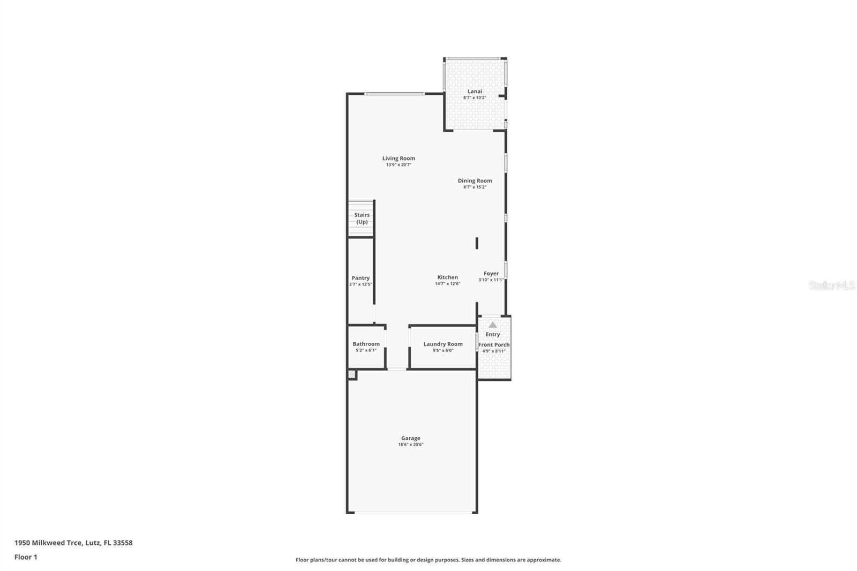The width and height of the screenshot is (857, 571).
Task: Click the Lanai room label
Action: coord(475,91)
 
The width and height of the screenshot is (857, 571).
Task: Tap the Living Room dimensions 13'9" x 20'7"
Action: coord(399,164)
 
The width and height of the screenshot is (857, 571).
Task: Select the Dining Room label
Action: coord(475,181)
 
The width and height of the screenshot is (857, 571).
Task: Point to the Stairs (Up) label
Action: coord(362,218)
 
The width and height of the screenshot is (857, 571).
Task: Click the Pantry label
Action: coord(360,278)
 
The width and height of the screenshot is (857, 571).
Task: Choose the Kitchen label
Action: coord(447,277)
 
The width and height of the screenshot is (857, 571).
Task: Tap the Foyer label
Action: coord(491,273)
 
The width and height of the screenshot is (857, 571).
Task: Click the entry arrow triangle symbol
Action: coord(493,325)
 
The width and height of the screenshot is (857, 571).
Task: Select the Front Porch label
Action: coord(494,344)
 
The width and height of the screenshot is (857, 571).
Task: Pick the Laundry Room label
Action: coord(443,344)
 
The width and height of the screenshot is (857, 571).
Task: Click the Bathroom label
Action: coord(366,344)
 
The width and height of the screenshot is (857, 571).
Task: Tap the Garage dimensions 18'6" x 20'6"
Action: coord(411,445)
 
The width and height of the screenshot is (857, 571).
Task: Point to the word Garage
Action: coord(411,438)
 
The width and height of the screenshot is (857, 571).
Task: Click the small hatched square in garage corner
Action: coord(351,374)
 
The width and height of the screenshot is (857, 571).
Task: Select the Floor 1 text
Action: coord(26,557)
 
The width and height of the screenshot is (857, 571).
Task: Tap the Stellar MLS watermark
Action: coord(832,285)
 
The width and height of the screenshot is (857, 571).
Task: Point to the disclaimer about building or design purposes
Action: coord(428,560)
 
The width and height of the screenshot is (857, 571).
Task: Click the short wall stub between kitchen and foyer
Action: coord(477,243)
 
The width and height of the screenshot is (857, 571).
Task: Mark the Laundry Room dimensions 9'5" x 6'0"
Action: coord(443,350)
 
